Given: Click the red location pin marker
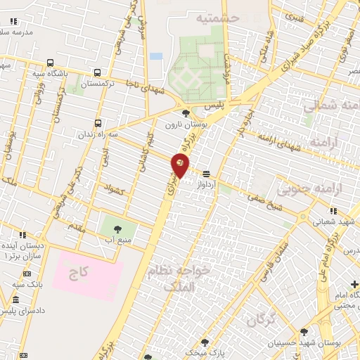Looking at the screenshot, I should click(x=180, y=167).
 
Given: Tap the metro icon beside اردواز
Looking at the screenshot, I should click(x=206, y=174).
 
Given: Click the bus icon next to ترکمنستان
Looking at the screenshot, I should click(x=97, y=72).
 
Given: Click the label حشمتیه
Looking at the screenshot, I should click(x=217, y=17).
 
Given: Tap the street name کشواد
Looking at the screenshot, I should click(x=113, y=188).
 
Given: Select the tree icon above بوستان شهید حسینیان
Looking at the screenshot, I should click(x=304, y=333).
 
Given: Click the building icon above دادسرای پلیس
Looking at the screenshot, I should click(x=15, y=300).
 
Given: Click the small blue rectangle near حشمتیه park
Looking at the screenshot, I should click(x=156, y=56).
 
